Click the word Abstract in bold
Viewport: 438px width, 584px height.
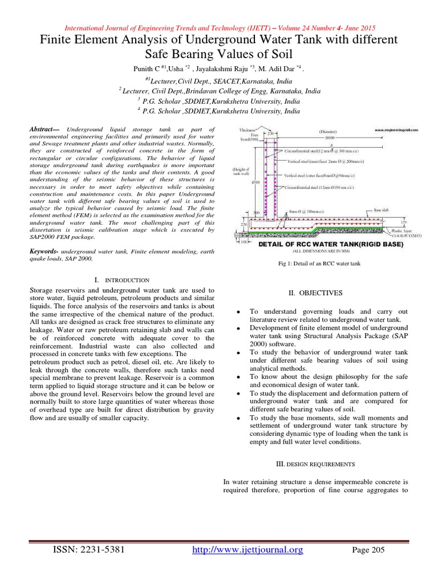tap(45, 130)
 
